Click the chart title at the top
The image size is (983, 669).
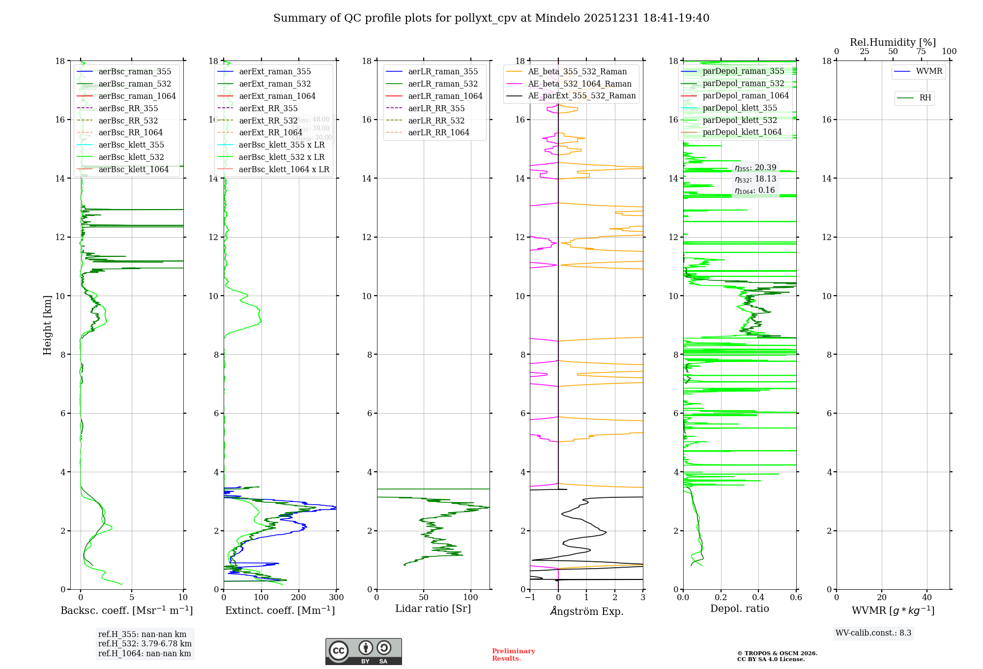pyautogui.click(x=491, y=18)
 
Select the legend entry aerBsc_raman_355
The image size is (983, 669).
pyautogui.click(x=135, y=72)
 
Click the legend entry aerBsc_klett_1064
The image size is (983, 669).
pyautogui.click(x=133, y=170)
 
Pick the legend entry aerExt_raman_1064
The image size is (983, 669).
pyautogui.click(x=277, y=96)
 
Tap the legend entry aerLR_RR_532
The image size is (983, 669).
pyautogui.click(x=436, y=121)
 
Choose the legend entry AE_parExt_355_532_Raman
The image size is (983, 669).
pyautogui.click(x=581, y=96)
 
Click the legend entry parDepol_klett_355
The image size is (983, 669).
pyautogui.click(x=740, y=108)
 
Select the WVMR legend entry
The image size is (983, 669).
pyautogui.click(x=929, y=71)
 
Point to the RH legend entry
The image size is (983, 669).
pyautogui.click(x=925, y=98)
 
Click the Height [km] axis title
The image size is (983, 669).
pyautogui.click(x=47, y=325)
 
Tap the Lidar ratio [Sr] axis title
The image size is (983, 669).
pyautogui.click(x=433, y=609)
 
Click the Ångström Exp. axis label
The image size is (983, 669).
pyautogui.click(x=586, y=611)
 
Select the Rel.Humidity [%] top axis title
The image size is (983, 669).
pyautogui.click(x=893, y=42)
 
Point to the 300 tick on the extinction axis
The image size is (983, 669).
pyautogui.click(x=336, y=598)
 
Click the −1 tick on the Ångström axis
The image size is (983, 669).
pyautogui.click(x=530, y=598)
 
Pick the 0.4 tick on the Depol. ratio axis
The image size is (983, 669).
pyautogui.click(x=758, y=598)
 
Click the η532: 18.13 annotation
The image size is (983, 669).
pyautogui.click(x=755, y=179)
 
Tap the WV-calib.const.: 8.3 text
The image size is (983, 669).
pyautogui.click(x=873, y=633)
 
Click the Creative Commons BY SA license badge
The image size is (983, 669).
pyautogui.click(x=363, y=652)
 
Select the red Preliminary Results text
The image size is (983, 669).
pyautogui.click(x=513, y=655)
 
